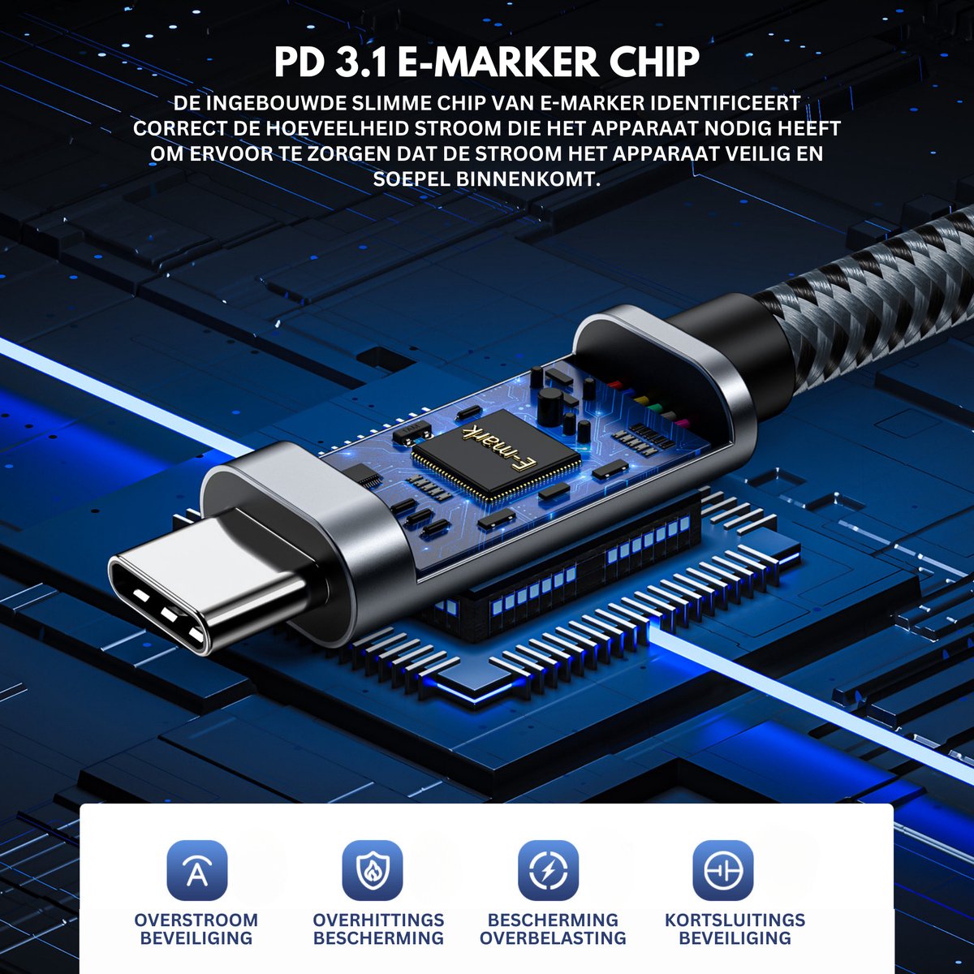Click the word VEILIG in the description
[736, 153]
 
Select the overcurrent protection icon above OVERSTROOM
[196, 870]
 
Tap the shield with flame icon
[373, 870]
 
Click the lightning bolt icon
[548, 870]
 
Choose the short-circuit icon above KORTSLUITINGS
[723, 870]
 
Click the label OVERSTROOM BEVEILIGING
[196, 929]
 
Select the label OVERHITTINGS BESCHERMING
[378, 929]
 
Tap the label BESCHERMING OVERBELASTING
[553, 929]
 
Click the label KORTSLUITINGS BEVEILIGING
[735, 929]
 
